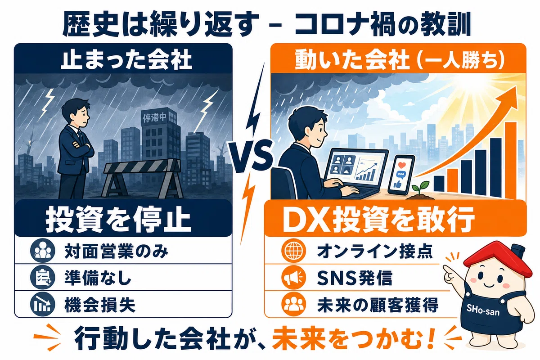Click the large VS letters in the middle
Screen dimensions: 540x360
(x=251, y=156)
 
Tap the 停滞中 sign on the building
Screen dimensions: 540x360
(x=154, y=117)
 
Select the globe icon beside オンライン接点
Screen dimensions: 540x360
(x=293, y=251)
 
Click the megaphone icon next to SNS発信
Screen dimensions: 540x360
(x=293, y=278)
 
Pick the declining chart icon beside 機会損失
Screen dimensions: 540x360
(x=42, y=305)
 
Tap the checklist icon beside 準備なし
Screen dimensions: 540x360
(x=42, y=278)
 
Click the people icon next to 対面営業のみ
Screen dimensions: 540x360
(x=42, y=251)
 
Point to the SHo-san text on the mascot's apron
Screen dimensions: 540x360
(x=483, y=310)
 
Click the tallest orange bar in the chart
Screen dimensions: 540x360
(x=511, y=160)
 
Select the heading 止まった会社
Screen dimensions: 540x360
(x=126, y=59)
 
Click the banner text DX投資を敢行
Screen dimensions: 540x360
(x=378, y=220)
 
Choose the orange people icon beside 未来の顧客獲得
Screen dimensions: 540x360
(x=293, y=304)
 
